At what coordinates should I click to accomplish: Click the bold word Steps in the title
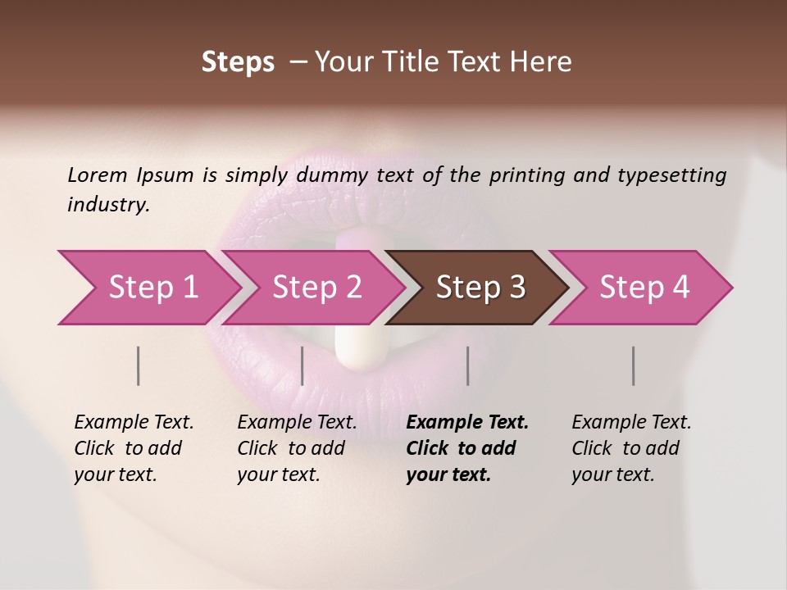(x=238, y=61)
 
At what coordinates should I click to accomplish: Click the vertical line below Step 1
(x=139, y=365)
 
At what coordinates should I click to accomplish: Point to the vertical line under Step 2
(x=303, y=365)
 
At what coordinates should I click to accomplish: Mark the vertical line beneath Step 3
(x=468, y=365)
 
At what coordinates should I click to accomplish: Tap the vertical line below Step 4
(x=634, y=365)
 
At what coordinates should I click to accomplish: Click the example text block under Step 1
(x=134, y=448)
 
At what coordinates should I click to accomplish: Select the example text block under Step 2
(x=297, y=448)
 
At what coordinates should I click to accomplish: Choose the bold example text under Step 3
(x=466, y=448)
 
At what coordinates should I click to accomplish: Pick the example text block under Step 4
(x=631, y=448)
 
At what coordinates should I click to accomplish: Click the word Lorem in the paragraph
(x=98, y=175)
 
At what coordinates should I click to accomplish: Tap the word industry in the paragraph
(x=107, y=205)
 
